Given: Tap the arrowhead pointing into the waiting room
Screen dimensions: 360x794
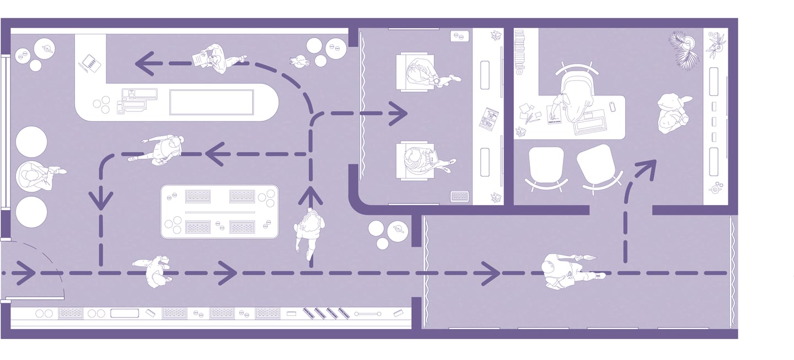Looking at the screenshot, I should (398, 114).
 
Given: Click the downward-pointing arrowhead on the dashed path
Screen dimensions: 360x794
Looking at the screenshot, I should (101, 200).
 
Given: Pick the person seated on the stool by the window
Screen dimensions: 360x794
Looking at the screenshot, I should (36, 176).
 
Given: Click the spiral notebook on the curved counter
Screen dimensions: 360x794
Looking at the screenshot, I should (90, 63).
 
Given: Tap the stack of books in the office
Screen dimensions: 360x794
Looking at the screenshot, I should (519, 51).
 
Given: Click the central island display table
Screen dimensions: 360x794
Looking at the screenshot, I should (219, 212).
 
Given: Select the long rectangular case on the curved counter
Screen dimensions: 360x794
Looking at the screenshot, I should (211, 103).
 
